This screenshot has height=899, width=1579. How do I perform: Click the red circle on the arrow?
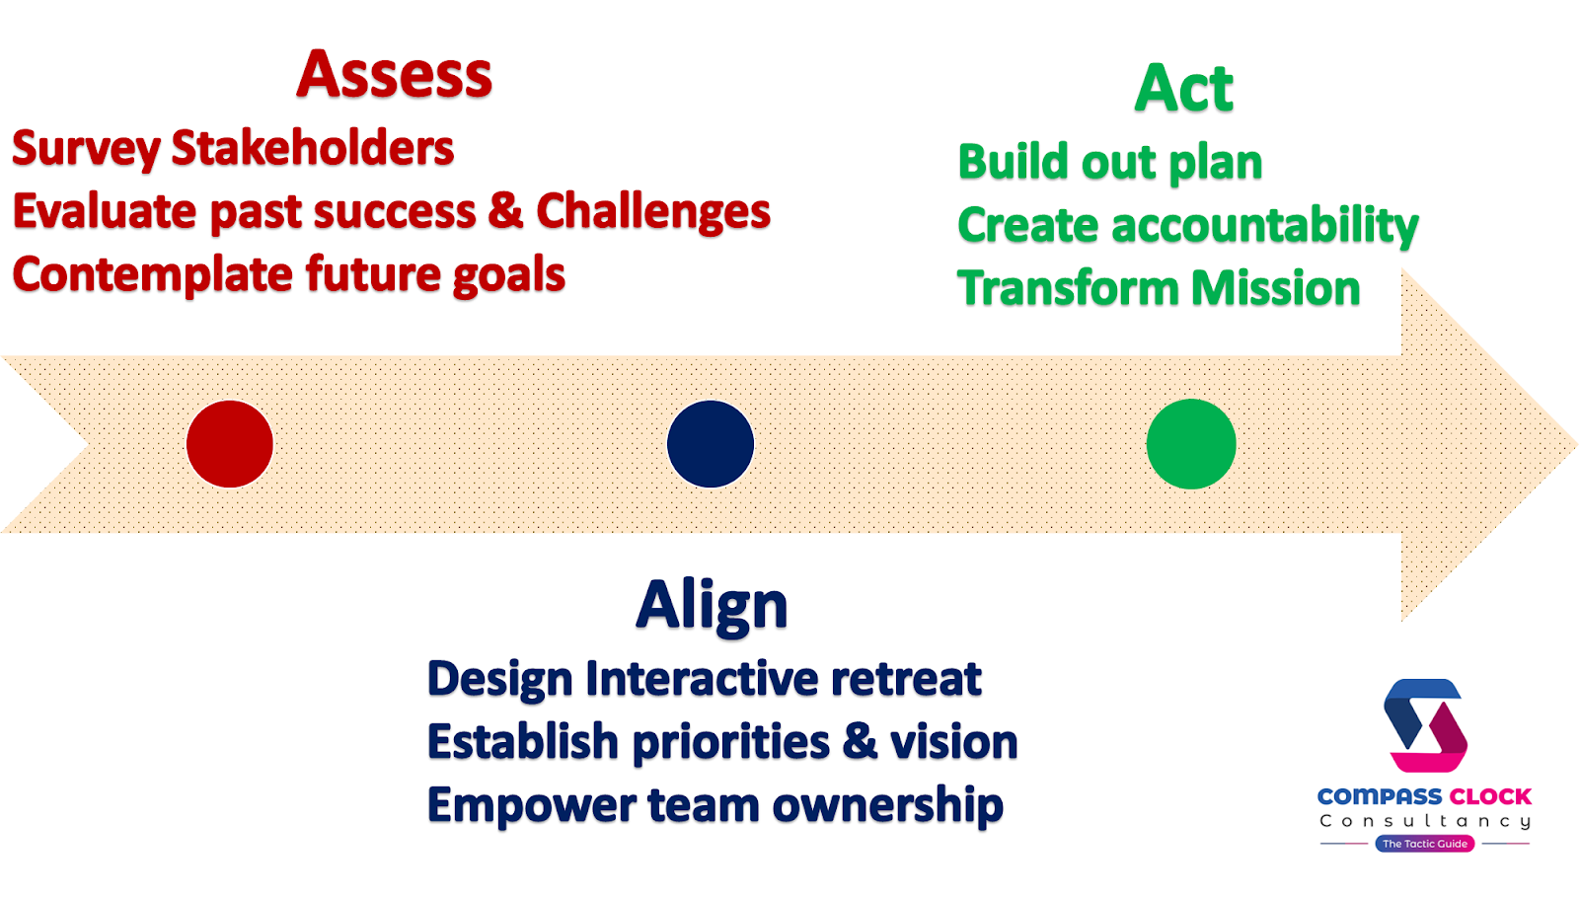click(230, 444)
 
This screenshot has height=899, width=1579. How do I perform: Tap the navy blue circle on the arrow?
click(711, 444)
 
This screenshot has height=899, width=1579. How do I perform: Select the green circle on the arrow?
click(1191, 444)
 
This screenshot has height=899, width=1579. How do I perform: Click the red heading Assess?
click(394, 75)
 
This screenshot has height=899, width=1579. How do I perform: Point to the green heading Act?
click(1184, 88)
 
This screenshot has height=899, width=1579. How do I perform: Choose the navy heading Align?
click(712, 605)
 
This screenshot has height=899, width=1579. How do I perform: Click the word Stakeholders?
click(313, 148)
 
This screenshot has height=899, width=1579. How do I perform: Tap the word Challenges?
click(653, 211)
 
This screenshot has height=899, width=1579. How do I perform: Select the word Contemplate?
click(152, 275)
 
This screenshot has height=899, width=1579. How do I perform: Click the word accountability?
click(1265, 226)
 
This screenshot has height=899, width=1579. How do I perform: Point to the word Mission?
click(1276, 288)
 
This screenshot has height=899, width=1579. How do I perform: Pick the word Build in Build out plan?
click(1014, 162)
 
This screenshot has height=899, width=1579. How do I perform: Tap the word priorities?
click(731, 743)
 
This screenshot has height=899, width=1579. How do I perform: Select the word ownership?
click(888, 805)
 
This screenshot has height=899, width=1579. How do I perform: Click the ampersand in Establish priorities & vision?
click(861, 742)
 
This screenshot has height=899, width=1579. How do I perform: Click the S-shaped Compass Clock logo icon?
click(1425, 725)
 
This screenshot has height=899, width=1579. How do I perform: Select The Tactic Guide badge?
click(1425, 844)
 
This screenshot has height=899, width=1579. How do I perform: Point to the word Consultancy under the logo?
click(1425, 821)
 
